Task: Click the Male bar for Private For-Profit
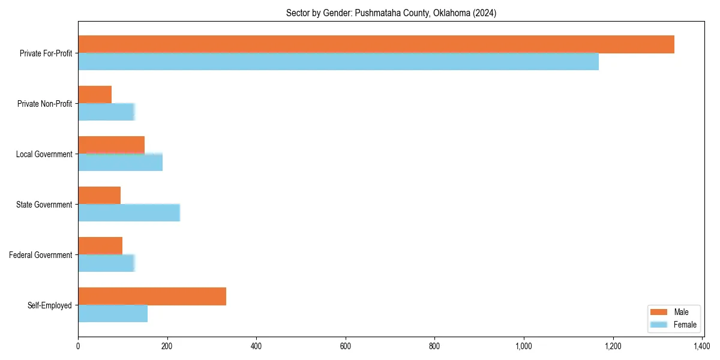(x=376, y=44)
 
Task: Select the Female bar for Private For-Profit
(x=338, y=62)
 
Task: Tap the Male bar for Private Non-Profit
(x=95, y=95)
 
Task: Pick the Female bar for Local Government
(x=120, y=163)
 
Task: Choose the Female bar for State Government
(x=129, y=213)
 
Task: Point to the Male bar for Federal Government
(x=100, y=246)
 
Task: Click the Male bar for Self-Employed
(x=152, y=296)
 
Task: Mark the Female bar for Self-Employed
(x=113, y=314)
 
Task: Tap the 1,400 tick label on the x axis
(x=702, y=346)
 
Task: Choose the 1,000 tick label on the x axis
(x=524, y=346)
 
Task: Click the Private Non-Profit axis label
(x=44, y=104)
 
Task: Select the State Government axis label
(x=44, y=205)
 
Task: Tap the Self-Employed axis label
(x=50, y=305)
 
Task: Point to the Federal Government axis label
(x=41, y=255)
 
